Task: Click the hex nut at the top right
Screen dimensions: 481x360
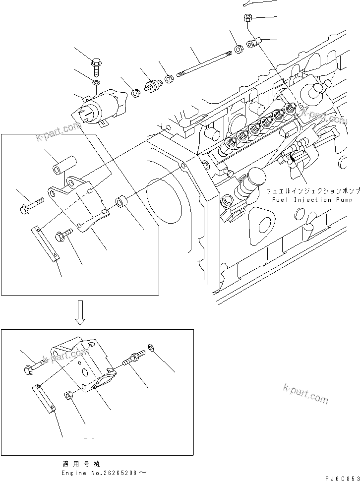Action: (x=247, y=18)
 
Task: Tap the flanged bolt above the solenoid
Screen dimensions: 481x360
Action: (x=96, y=64)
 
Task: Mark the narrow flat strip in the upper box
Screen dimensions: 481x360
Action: (x=45, y=243)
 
